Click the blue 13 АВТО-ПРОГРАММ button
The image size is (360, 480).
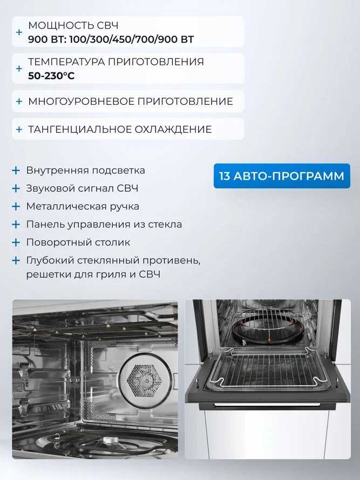tap(282, 176)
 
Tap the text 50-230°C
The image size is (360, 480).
tap(51, 76)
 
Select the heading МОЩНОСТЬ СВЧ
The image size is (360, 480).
tap(73, 25)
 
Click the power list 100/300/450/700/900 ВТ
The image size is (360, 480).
tap(132, 39)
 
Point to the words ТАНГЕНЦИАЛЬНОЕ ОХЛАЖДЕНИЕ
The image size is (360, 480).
tap(120, 129)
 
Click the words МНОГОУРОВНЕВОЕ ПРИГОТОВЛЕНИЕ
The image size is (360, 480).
tap(131, 102)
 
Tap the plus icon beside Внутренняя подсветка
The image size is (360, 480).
tap(16, 171)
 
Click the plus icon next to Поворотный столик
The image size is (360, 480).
tap(16, 242)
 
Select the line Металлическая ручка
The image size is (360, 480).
tap(83, 206)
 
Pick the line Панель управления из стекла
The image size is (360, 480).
tap(104, 225)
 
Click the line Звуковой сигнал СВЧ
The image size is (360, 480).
tap(82, 188)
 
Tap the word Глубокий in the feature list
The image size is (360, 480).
tap(50, 260)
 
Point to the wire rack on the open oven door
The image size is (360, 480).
tap(265, 370)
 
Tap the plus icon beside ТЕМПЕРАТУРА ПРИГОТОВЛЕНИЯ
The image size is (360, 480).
tap(19, 69)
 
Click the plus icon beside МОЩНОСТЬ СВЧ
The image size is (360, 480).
tap(19, 32)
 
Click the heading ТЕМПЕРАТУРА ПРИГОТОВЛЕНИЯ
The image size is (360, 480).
tap(116, 62)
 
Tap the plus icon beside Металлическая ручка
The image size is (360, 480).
tap(16, 206)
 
